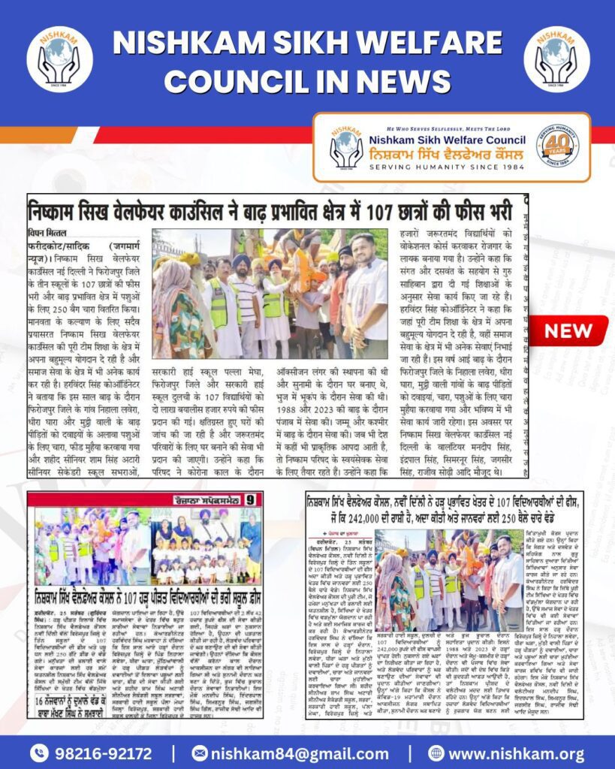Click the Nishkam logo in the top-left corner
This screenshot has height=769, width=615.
[59, 59]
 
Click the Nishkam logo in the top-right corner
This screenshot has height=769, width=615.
[556, 59]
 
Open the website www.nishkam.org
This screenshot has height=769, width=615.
[517, 752]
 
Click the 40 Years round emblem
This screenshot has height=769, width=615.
[557, 146]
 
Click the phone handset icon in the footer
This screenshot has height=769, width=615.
[39, 752]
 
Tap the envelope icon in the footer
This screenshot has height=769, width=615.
[200, 752]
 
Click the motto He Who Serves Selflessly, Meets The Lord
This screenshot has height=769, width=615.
[451, 127]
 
